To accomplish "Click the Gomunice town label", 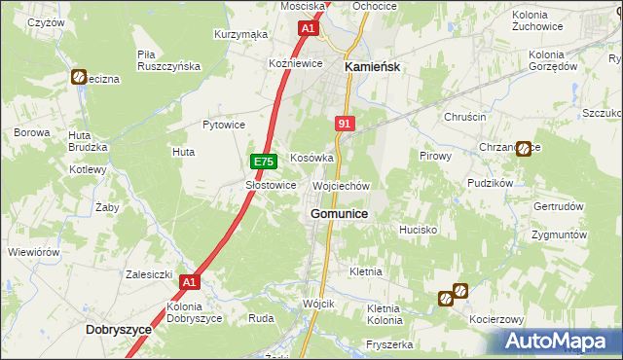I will (339, 213).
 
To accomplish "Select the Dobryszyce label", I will (119, 330).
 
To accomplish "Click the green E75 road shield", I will (261, 162).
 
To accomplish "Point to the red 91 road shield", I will (345, 124).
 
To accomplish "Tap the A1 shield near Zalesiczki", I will (190, 282).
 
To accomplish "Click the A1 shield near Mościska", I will (308, 29).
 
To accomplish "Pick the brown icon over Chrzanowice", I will (524, 149).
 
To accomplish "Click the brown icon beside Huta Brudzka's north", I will (78, 77).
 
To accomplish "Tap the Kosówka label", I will (312, 158).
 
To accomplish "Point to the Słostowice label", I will (271, 185).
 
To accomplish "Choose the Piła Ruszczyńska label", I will (168, 60).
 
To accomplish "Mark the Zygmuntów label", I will (559, 235).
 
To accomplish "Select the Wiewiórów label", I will (33, 251).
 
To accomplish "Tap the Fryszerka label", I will (390, 344).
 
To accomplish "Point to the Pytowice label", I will (223, 125).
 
